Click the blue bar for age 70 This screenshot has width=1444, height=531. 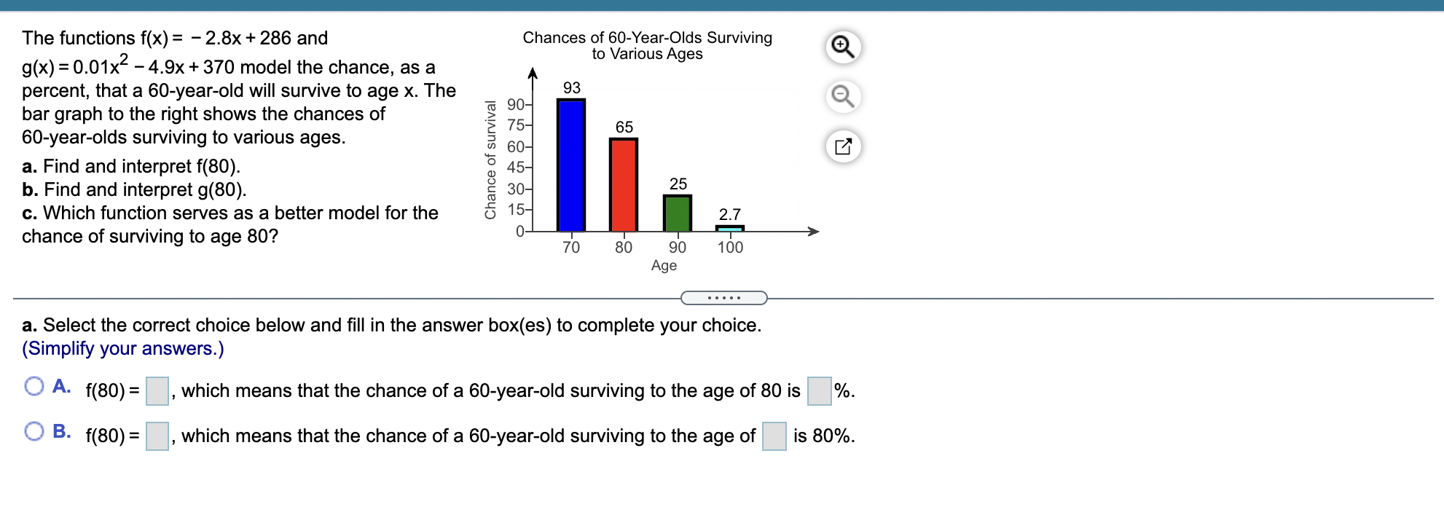pos(571,165)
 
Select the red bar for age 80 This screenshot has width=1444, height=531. pos(624,185)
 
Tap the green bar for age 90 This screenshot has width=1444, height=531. pos(678,213)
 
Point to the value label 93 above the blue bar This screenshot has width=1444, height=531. pos(572,87)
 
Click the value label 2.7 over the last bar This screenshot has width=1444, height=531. pos(730,214)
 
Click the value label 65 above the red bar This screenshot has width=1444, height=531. pos(624,127)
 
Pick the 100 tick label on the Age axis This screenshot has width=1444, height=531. pos(730,248)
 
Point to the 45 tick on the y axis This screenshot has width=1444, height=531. pos(516,168)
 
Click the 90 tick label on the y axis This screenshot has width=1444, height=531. pos(516,104)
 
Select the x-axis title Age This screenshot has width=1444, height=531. pos(664,266)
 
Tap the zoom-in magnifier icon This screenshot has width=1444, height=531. pos(843,47)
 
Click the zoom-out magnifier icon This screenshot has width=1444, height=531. pos(843,96)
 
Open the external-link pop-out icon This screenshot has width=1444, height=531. pos(843,146)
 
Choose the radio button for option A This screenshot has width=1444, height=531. pos(34,386)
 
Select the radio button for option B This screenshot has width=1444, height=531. pos(34,431)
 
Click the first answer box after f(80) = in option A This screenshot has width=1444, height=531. pos(157,391)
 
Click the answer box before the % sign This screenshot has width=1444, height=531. pos(820,391)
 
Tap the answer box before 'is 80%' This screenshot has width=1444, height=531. pos(774,436)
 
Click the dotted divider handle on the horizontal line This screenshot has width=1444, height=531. pos(723,298)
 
